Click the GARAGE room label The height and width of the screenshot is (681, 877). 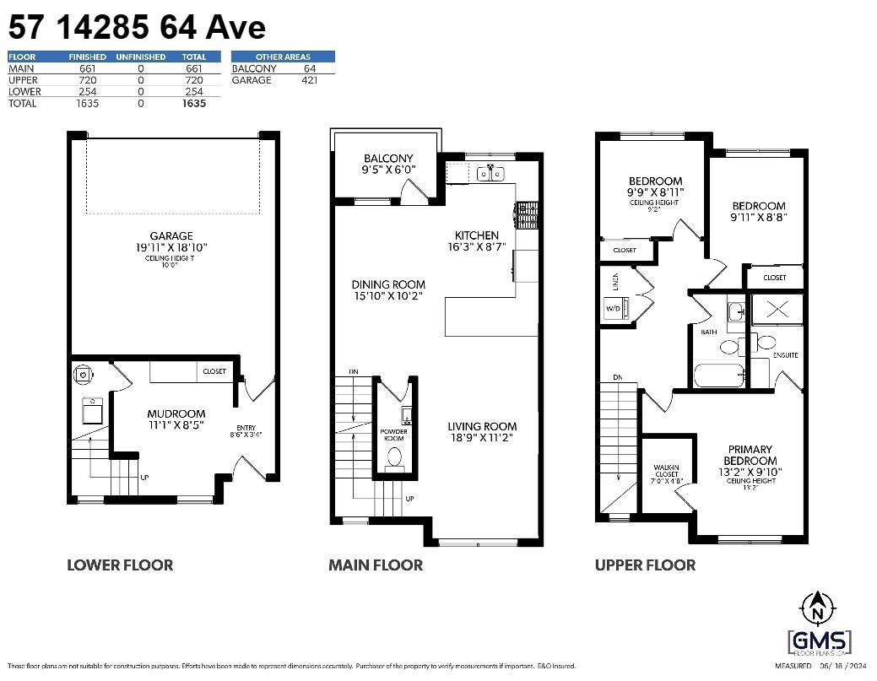pos(173,236)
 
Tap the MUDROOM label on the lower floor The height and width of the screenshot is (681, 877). pos(176,413)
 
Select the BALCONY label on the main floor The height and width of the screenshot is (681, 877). pos(388,159)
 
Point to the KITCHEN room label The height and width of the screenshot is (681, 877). pos(477,235)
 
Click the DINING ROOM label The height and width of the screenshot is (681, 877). pos(388,285)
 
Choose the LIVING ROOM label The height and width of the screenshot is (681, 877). pos(482,426)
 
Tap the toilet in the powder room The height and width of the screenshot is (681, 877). pos(394,457)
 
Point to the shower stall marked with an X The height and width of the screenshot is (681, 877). pos(777,310)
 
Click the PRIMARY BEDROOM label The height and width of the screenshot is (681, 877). pos(750,455)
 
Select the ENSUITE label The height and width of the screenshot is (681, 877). pos(785,355)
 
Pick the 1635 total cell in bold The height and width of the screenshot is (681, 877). pos(194,104)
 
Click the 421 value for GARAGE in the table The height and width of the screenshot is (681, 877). pos(309,80)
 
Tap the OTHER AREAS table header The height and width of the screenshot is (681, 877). pos(283,57)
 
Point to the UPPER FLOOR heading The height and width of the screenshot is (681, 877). pos(645,565)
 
